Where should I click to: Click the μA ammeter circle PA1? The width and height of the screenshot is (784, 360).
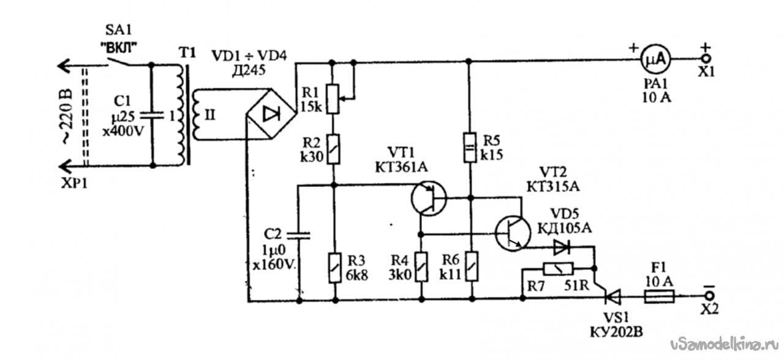pyautogui.click(x=655, y=59)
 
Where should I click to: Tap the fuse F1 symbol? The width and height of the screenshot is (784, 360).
pyautogui.click(x=660, y=298)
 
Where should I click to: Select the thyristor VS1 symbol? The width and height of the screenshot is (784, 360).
pyautogui.click(x=612, y=298)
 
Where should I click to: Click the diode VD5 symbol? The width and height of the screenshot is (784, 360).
pyautogui.click(x=562, y=247)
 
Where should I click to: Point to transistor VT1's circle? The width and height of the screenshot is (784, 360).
pyautogui.click(x=429, y=198)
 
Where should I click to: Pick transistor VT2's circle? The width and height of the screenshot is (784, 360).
pyautogui.click(x=513, y=233)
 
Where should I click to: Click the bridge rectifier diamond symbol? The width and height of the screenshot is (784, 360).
pyautogui.click(x=271, y=114)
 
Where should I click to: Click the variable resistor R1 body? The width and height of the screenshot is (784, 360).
pyautogui.click(x=333, y=99)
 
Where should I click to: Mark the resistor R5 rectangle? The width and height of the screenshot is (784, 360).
pyautogui.click(x=470, y=148)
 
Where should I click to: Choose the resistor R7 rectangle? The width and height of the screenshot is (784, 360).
pyautogui.click(x=558, y=269)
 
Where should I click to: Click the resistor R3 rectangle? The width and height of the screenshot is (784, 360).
pyautogui.click(x=334, y=268)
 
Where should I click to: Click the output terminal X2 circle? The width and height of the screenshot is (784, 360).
pyautogui.click(x=709, y=296)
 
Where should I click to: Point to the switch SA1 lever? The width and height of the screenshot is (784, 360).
pyautogui.click(x=118, y=62)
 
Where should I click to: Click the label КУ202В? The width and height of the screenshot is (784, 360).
pyautogui.click(x=617, y=332)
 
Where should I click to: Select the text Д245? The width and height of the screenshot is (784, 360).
pyautogui.click(x=249, y=70)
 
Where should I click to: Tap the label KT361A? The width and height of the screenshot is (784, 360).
pyautogui.click(x=401, y=167)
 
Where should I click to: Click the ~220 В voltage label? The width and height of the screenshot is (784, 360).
pyautogui.click(x=67, y=117)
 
